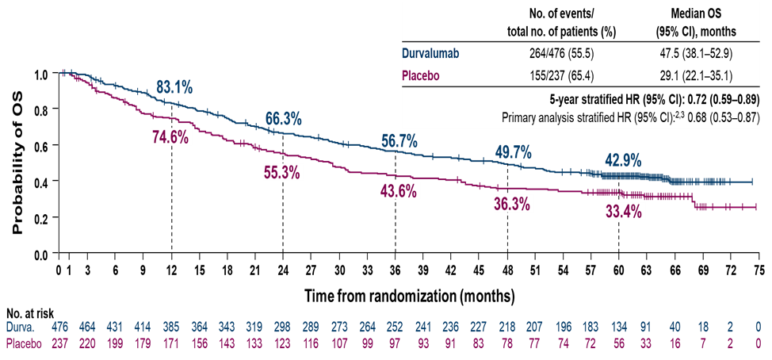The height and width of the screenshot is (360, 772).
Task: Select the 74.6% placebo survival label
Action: (170, 136)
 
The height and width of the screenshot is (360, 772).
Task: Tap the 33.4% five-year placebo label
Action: (622, 211)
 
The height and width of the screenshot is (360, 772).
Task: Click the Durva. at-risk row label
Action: (21, 326)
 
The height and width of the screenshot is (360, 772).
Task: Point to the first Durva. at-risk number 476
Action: (60, 326)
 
